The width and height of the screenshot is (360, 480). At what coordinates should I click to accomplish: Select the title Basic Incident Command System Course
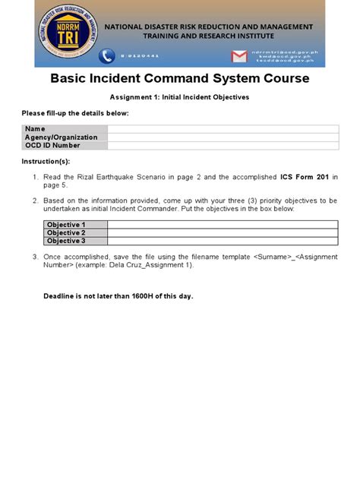179,79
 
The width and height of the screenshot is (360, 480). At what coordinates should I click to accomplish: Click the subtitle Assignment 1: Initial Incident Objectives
179,97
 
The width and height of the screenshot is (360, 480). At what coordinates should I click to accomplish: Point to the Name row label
36,129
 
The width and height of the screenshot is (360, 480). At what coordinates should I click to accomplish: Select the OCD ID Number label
52,145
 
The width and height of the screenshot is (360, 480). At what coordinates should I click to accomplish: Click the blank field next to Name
223,129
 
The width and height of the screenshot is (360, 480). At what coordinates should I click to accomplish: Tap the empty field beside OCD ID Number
223,145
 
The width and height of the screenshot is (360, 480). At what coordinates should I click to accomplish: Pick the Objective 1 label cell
66,225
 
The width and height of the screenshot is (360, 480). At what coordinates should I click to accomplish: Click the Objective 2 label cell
66,232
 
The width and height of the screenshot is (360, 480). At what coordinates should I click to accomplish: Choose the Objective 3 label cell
66,241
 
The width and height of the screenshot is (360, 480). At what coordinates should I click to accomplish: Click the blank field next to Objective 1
223,225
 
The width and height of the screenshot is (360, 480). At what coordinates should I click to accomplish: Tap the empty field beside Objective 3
223,241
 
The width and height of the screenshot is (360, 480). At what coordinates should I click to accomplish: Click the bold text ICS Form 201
304,177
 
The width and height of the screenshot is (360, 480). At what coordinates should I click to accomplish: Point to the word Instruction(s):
46,163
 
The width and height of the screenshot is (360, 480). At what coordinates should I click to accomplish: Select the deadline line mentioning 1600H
118,295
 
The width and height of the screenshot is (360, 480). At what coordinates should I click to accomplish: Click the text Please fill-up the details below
74,113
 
